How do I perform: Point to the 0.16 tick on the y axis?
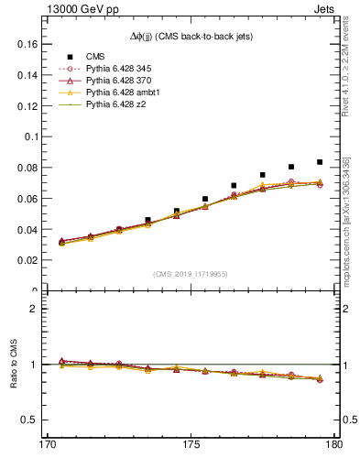click(26, 44)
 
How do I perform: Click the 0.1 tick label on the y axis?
click(29, 136)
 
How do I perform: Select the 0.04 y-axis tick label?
click(26, 229)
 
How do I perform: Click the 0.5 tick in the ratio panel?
click(29, 420)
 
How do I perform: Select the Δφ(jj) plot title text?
click(190, 36)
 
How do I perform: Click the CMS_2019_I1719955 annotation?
click(190, 274)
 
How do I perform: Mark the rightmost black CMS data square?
click(320, 162)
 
